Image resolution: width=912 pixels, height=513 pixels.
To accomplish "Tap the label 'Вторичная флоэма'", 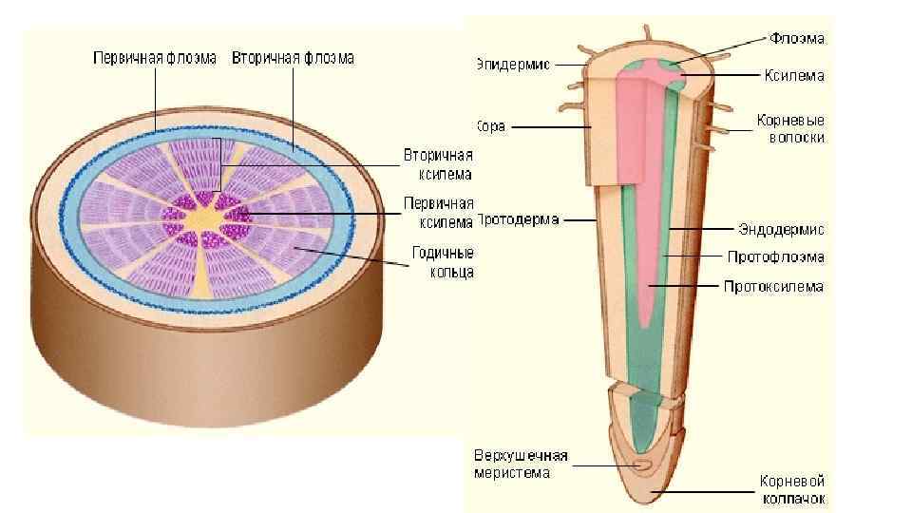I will [x=293, y=58].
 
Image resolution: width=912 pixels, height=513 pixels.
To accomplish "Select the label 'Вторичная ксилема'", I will [x=438, y=163].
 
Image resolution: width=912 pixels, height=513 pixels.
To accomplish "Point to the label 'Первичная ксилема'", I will [x=438, y=213].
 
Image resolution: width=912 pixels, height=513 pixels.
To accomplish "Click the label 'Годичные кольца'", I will [x=443, y=263].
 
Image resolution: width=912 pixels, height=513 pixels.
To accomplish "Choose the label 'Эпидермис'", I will [x=512, y=65].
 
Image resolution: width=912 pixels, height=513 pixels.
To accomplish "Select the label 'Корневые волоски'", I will [x=790, y=129].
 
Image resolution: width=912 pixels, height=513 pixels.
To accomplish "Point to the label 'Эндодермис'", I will [x=781, y=229].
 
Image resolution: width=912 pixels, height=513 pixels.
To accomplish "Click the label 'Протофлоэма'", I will [x=775, y=257].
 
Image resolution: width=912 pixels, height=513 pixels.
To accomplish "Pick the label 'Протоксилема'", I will [x=773, y=286].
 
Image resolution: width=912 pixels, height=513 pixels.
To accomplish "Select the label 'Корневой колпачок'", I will [x=791, y=489].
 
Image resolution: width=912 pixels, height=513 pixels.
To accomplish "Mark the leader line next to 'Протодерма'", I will [x=579, y=220].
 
